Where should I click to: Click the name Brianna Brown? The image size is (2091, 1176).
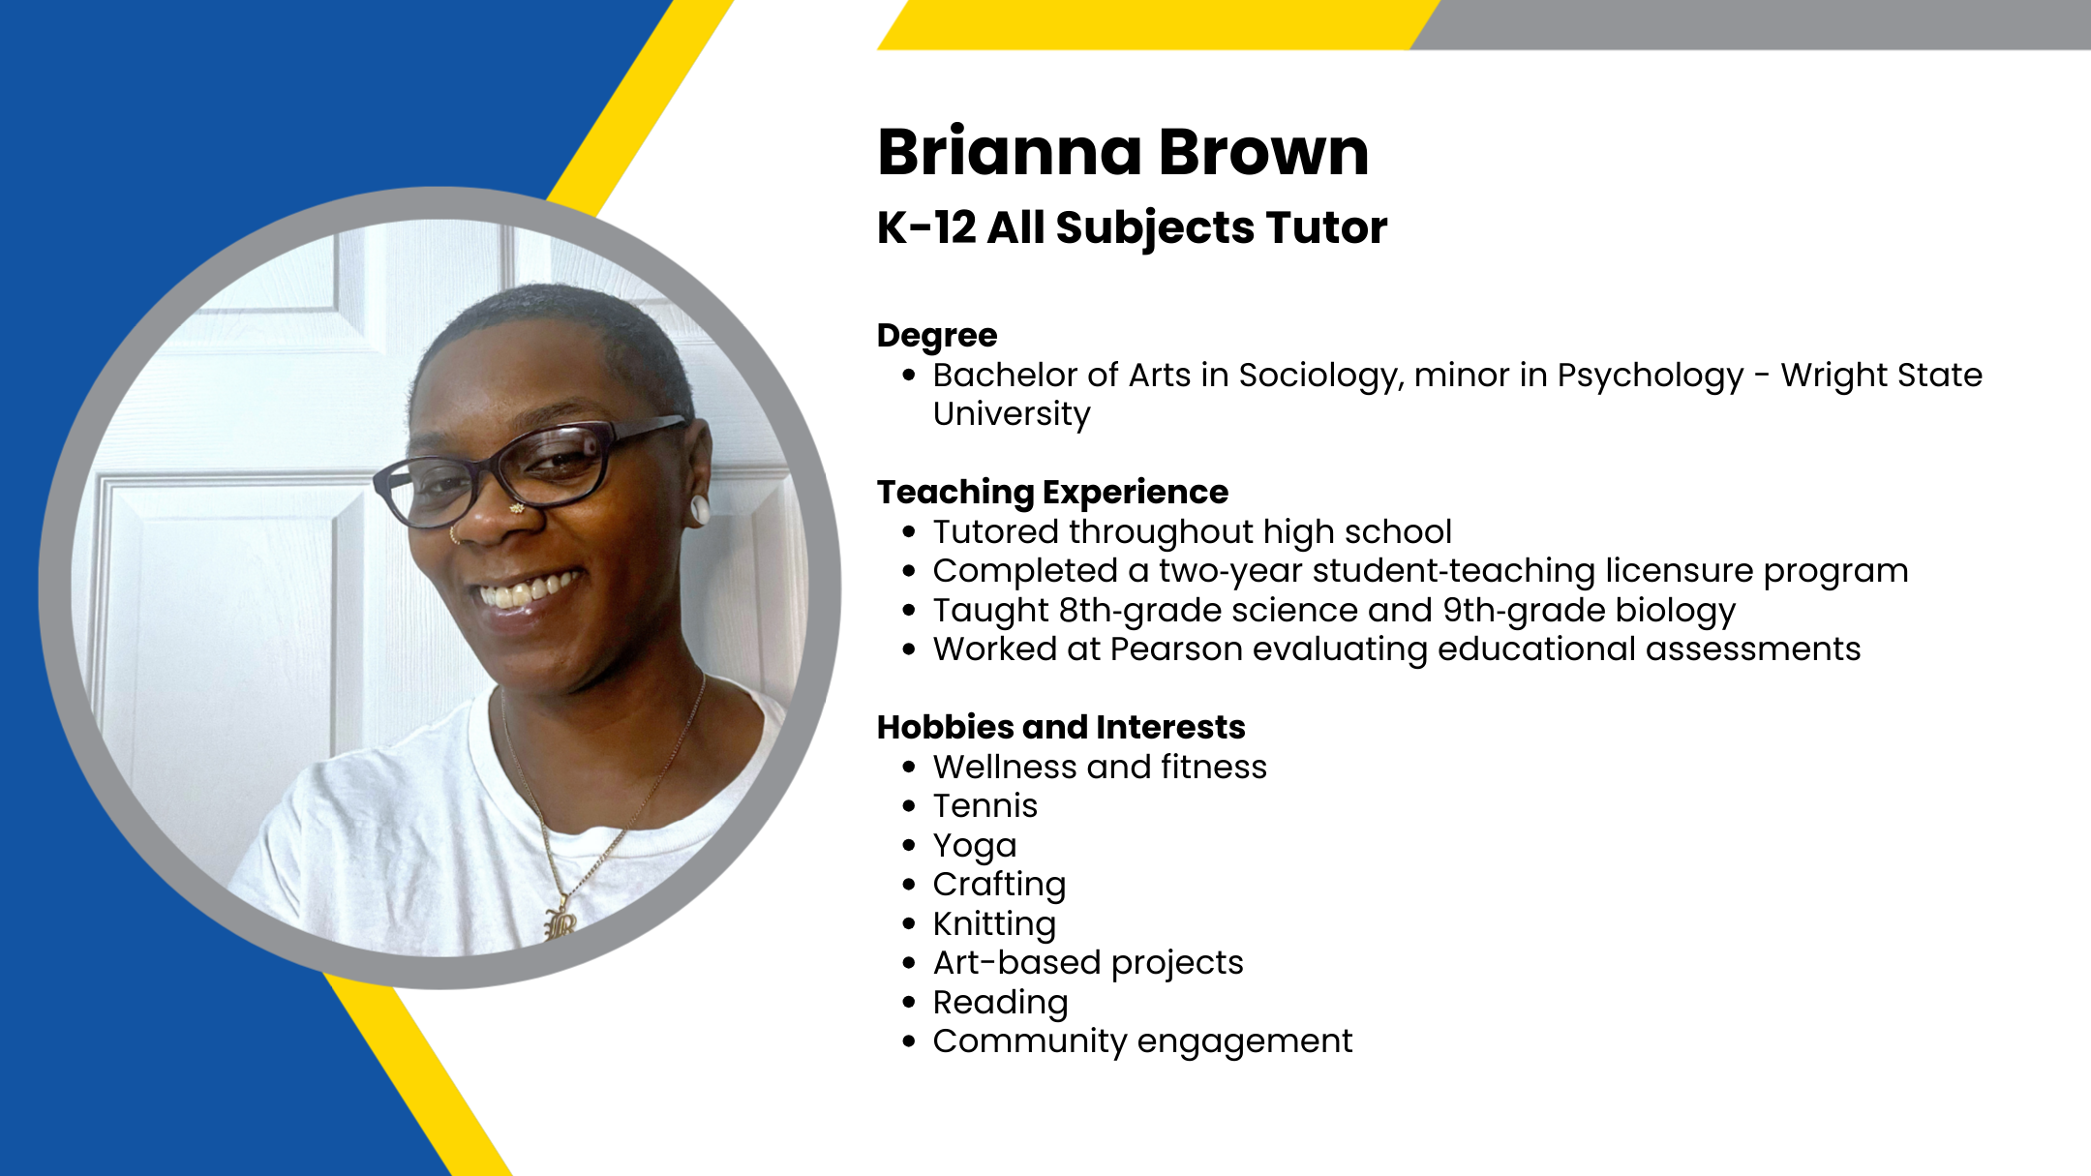1123,152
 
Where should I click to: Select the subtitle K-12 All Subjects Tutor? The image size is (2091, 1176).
1132,228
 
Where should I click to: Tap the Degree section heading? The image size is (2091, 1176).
937,336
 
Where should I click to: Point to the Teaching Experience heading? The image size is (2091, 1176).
1052,493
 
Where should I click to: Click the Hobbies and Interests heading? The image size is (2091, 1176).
1061,727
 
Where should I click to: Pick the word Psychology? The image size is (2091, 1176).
1651,376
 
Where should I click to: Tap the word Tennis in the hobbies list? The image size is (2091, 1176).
985,806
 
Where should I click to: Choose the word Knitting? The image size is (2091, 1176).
994,924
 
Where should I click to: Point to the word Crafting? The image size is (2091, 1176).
999,885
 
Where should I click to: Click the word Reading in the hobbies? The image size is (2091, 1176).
1000,1003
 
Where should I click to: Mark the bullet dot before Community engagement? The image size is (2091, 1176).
908,1042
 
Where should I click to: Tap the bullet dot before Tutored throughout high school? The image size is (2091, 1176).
908,532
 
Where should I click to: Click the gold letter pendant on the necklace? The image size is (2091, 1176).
561,922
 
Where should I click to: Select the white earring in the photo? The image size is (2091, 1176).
698,510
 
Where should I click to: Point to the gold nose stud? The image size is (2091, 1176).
517,508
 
